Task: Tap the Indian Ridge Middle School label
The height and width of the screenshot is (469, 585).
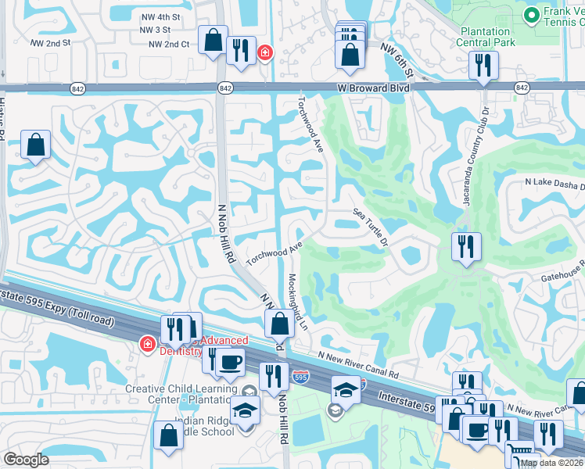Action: coord(205,425)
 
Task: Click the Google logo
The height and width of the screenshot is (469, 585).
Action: coord(27,460)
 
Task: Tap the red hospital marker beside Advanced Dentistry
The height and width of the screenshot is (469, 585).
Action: coord(146,343)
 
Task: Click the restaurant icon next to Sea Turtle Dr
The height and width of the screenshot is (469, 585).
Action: coord(466,247)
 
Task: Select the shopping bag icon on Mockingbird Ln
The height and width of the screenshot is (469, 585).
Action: coord(279,324)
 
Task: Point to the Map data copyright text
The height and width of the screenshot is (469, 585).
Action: coord(551,463)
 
